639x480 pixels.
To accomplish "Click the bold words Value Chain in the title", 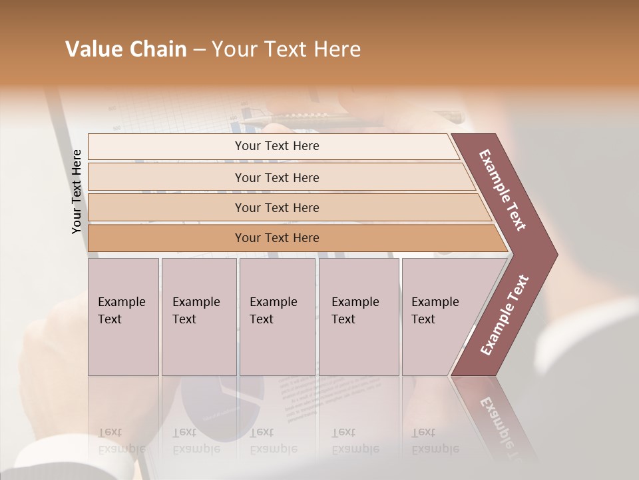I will pos(126,49).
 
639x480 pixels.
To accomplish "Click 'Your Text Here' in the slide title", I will pos(286,49).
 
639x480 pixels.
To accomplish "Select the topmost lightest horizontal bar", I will pos(273,146).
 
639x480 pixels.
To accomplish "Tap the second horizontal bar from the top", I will pos(280,177).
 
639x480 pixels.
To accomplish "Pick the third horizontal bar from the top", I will pos(286,207).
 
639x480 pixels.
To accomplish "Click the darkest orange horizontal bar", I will pos(293,238).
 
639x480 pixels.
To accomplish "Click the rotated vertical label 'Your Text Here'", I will pos(77,191).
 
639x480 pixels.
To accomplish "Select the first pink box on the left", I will pos(123,317).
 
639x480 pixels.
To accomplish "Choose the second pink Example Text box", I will pos(199,317).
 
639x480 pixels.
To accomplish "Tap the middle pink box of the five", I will pos(277,317).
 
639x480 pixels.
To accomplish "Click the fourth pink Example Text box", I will pos(359,317).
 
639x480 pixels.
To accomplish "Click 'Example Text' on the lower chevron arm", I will pos(505,315).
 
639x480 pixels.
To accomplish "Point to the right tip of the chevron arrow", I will pos(556,254).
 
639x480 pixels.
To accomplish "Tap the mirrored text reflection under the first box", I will pos(121,441).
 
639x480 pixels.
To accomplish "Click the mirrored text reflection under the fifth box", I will pos(435,441).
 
